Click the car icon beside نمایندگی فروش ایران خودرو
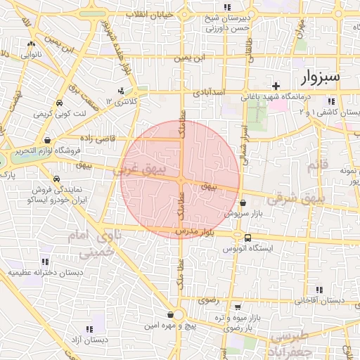56,179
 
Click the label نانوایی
30,53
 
